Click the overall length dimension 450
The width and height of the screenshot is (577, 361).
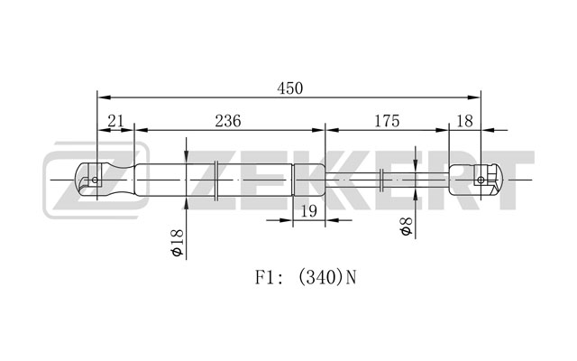coord(290,88)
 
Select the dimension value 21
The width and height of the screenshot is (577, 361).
coord(115,121)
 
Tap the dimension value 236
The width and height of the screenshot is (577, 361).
coord(228,121)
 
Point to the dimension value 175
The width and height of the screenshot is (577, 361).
coord(387,121)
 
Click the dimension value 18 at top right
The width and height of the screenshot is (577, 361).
coord(464,121)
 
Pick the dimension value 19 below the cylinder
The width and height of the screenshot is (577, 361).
coord(309,211)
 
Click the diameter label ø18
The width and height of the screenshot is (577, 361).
coord(178,243)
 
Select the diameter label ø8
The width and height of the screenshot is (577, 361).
coord(406,227)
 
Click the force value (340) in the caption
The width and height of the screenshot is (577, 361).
coord(319,277)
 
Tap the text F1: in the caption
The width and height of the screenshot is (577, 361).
coord(270,277)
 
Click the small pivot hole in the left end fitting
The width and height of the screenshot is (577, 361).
coord(95,180)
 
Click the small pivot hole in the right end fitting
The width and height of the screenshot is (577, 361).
coord(481,180)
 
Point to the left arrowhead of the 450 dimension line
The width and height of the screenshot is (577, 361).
coord(105,97)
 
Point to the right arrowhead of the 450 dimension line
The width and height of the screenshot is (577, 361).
coord(474,97)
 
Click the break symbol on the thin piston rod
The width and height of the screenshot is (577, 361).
coord(381,180)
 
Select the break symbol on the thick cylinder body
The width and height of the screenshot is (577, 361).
coord(216,180)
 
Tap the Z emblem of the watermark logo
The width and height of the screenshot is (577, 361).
coord(96,180)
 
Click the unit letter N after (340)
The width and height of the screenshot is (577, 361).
coord(351,277)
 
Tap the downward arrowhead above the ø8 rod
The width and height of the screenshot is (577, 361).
coord(416,164)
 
